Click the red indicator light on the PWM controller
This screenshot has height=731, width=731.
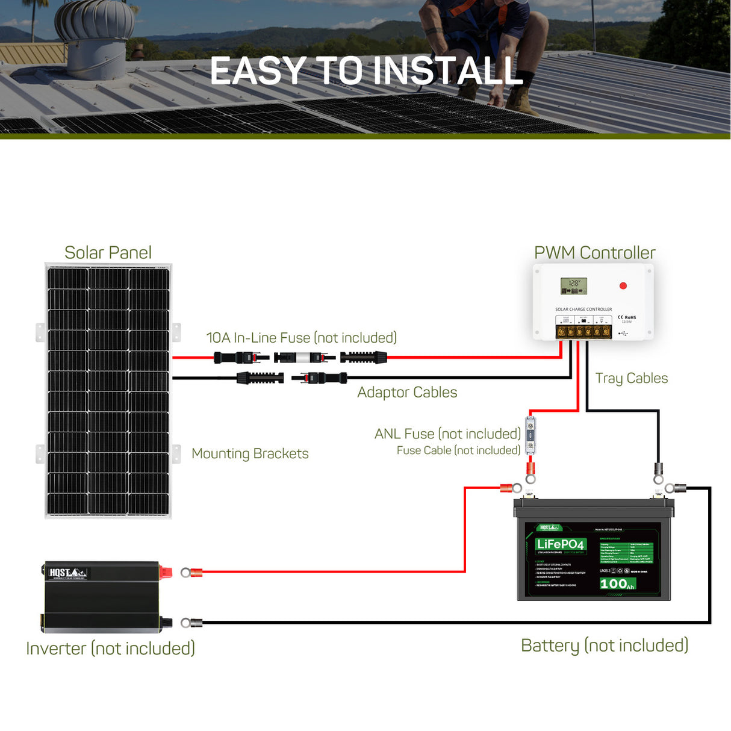[623, 285]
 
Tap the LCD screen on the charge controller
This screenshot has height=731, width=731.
[573, 286]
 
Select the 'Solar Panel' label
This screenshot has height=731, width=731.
[108, 252]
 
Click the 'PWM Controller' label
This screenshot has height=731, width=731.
[594, 252]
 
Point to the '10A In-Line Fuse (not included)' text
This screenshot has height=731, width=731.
[301, 338]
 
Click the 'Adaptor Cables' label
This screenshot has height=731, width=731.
[407, 392]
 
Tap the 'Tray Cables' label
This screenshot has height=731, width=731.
[631, 378]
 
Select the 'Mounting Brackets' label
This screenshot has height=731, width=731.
[250, 453]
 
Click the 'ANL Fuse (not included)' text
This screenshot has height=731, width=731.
[447, 434]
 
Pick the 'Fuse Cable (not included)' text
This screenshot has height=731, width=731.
[458, 450]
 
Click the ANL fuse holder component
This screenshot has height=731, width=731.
[530, 435]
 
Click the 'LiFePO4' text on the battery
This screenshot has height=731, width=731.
[560, 544]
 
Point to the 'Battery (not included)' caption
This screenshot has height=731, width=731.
[604, 645]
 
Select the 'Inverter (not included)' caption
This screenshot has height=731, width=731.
[110, 649]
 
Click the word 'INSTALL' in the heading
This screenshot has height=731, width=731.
[449, 71]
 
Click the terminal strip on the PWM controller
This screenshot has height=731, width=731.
[583, 331]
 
